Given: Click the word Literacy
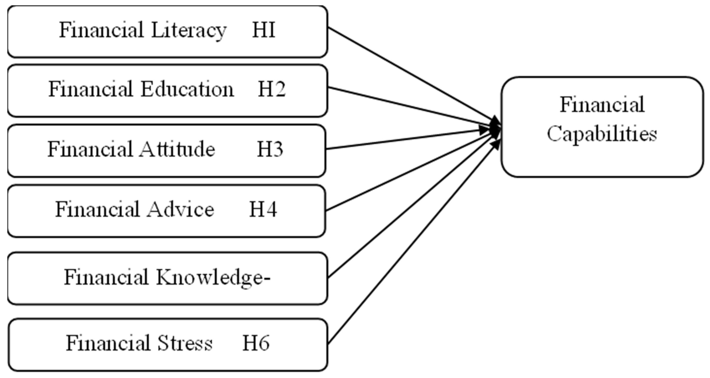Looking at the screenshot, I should click(189, 30).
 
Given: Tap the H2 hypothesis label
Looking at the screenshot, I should click(272, 89).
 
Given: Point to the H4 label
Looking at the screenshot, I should click(263, 209).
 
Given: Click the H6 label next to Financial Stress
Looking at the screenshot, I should click(256, 343).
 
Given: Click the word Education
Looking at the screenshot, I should click(187, 89).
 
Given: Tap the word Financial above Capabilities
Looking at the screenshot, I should click(602, 105).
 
